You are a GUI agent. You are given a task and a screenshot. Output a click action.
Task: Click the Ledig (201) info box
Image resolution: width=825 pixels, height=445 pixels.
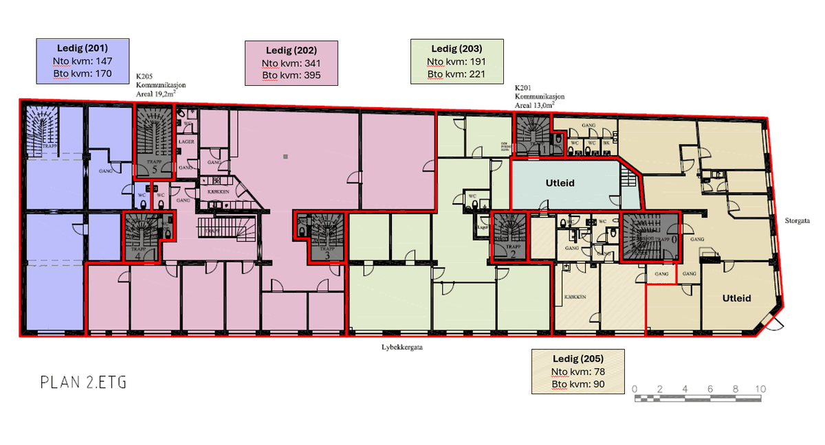pos(82,60)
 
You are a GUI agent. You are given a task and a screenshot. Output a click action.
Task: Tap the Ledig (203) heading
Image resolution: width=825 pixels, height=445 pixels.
pos(456,49)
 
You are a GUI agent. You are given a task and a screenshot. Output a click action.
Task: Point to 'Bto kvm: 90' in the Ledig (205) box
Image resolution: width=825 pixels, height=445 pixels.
pos(578,384)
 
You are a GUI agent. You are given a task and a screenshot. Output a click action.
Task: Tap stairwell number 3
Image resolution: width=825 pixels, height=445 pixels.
pos(327,238)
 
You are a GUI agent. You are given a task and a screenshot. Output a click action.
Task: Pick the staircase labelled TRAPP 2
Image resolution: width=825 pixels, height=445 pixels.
pos(509,238)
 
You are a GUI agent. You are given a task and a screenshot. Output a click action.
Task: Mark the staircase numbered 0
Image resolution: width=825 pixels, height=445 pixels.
pos(650,237)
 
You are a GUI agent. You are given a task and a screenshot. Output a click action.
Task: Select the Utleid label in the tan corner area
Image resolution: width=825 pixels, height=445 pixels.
pos(736,299)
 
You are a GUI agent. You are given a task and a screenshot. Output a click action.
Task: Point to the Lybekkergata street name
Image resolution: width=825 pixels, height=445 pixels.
pos(401,347)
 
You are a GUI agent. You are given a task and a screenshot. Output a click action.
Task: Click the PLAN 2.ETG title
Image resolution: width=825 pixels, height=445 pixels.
pos(83,383)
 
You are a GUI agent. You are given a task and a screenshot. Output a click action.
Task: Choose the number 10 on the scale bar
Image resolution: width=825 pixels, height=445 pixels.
pos(759,389)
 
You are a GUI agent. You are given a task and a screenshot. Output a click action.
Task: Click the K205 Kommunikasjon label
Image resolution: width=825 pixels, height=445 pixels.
pos(161,86)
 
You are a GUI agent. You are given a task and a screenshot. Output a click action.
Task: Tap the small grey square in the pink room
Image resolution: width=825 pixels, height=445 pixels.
pos(285,157)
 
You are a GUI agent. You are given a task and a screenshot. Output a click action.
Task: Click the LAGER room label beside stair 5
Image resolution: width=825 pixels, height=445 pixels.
pos(186,141)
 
